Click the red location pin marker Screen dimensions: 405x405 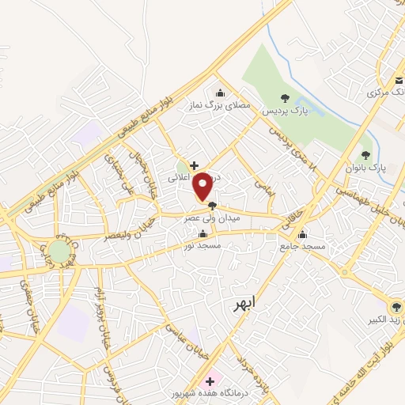point(202,186)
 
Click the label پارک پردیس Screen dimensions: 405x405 point(284,112)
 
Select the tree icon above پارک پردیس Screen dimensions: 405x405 point(285,98)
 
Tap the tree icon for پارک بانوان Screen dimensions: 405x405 point(365,154)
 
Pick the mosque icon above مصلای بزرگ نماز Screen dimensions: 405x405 point(221,91)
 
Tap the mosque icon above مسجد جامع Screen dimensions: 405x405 point(301,233)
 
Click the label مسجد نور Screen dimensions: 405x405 point(202,246)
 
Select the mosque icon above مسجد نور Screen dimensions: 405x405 point(204,233)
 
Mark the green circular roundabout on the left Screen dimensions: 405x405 point(59,251)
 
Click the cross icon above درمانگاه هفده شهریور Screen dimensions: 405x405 point(210,380)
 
